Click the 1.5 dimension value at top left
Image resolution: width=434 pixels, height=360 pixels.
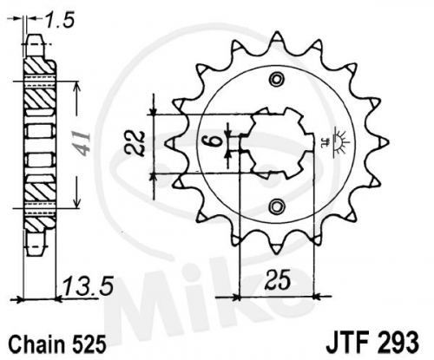60,20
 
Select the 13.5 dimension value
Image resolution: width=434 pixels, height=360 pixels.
88,286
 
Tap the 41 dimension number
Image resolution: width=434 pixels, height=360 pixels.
82,144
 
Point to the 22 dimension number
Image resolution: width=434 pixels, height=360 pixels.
135,144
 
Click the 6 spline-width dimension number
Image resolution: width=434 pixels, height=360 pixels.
214,143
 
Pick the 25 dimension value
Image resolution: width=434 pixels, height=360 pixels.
278,279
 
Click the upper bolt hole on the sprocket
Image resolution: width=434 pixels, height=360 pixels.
277,79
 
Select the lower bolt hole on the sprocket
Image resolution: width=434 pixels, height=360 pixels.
277,206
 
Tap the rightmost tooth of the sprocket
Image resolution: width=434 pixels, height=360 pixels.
381,142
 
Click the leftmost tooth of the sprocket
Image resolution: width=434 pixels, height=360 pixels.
173,143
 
